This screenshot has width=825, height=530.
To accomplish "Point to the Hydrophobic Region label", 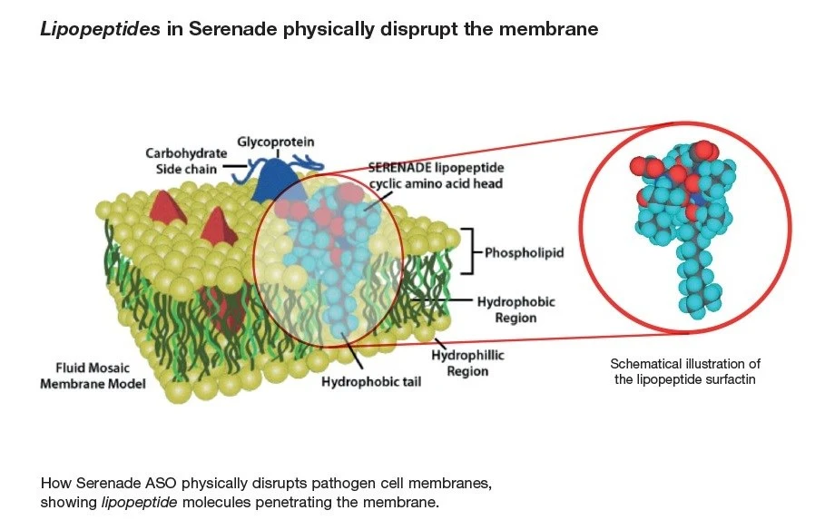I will click(x=516, y=309).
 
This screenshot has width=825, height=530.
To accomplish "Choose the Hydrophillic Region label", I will click(x=467, y=363).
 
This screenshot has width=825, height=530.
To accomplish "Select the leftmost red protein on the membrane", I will click(x=166, y=208).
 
